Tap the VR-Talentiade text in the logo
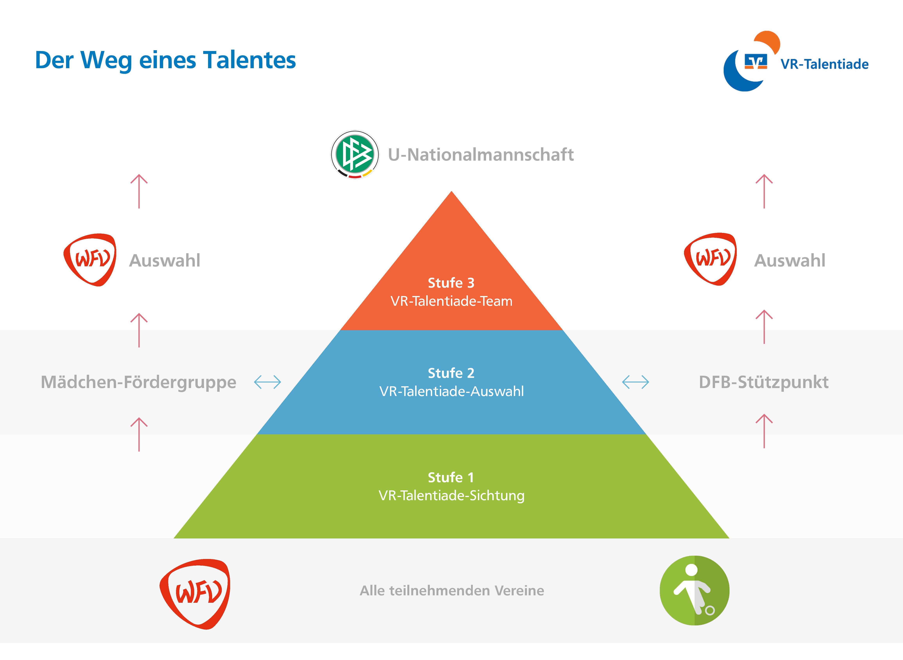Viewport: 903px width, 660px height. coord(824,64)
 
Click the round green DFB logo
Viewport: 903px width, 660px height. coord(355,155)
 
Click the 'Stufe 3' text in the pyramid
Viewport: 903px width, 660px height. coord(451,283)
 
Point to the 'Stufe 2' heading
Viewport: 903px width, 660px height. coord(451,373)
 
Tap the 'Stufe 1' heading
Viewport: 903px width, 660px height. coord(451,478)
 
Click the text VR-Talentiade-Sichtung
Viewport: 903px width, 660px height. coord(451,496)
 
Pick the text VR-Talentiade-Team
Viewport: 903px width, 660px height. coord(451,301)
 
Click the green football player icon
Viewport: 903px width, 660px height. coord(695,590)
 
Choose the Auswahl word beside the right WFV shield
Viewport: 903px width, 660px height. coord(789,260)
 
